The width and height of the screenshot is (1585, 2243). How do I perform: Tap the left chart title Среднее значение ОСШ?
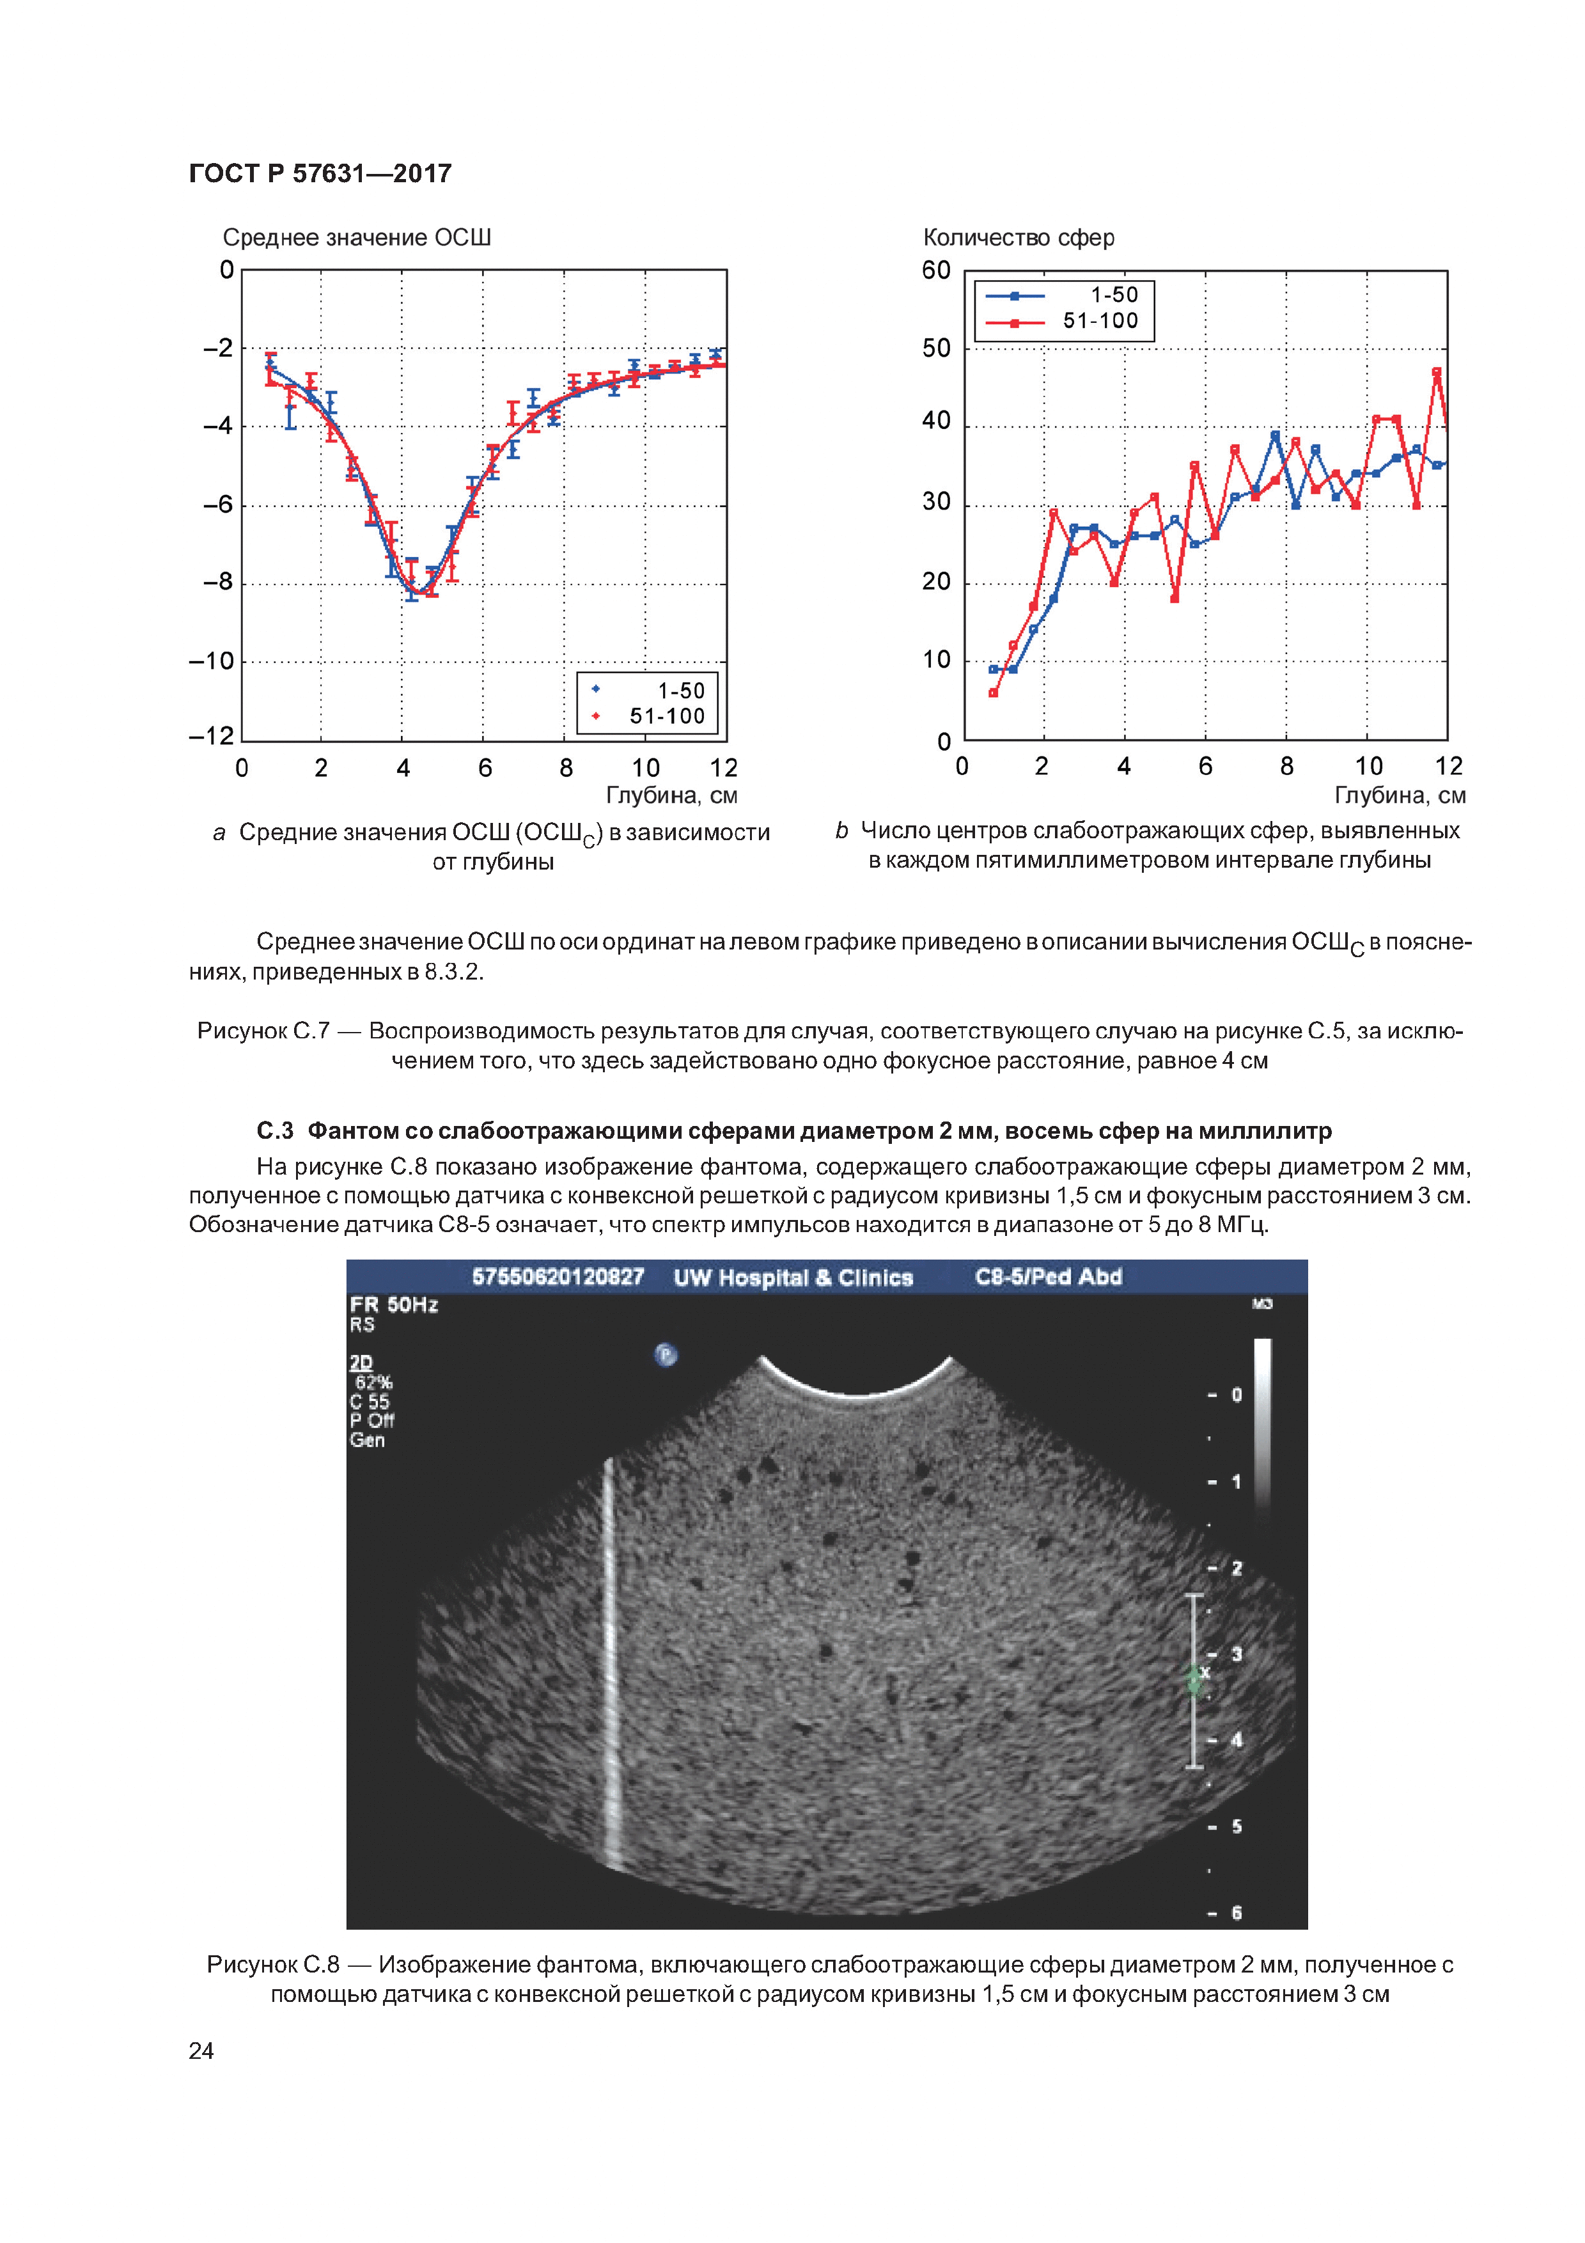[x=357, y=237]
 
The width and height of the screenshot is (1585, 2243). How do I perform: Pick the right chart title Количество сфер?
[x=1018, y=237]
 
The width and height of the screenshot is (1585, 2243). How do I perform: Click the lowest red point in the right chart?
[x=993, y=692]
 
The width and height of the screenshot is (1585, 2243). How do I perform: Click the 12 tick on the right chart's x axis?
[x=1448, y=766]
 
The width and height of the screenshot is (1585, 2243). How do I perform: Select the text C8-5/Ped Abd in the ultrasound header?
[x=1048, y=1277]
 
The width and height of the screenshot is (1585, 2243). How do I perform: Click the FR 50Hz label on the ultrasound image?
[x=394, y=1305]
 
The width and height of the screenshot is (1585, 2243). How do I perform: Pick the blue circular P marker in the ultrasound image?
[x=665, y=1355]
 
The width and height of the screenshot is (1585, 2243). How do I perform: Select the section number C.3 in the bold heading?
[x=274, y=1131]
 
